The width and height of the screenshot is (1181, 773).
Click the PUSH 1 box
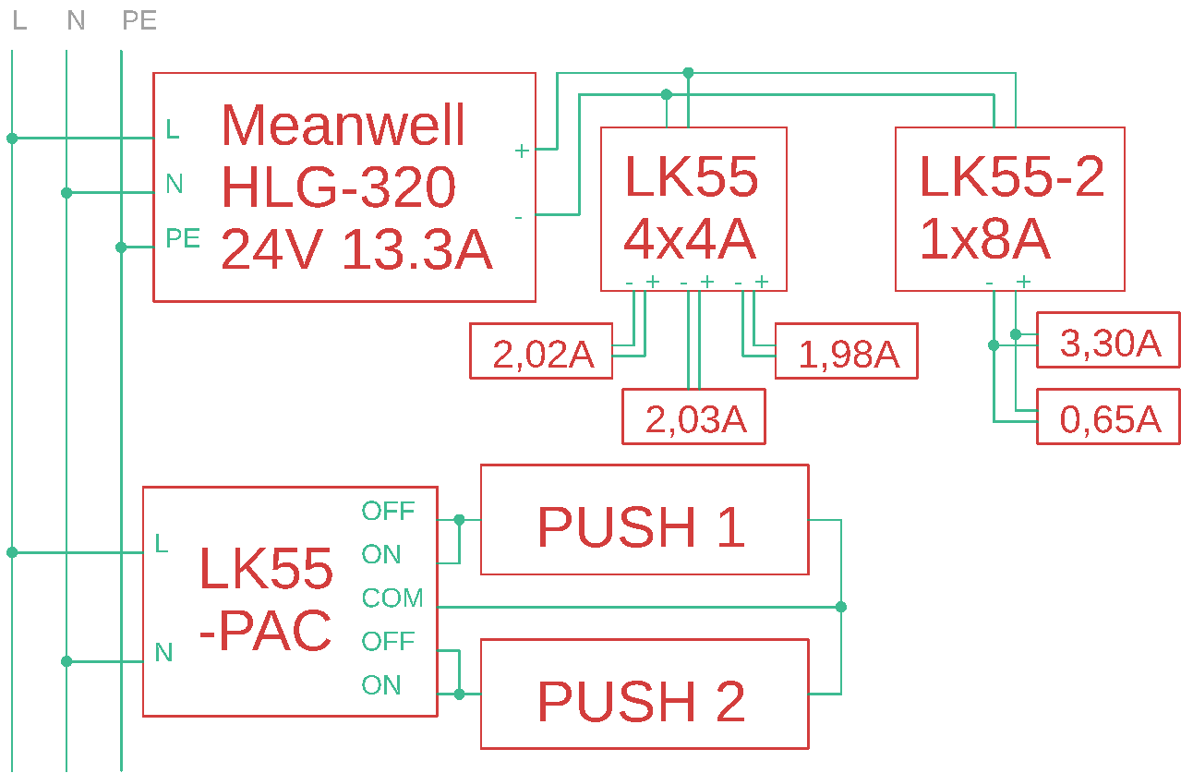644,519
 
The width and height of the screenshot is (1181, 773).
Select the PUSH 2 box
644,694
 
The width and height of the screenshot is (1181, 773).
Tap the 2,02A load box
541,351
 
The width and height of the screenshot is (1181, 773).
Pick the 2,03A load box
693,417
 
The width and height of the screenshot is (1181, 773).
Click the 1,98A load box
846,351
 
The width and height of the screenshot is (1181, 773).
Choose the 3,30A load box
1108,340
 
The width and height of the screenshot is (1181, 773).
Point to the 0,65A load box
1108,417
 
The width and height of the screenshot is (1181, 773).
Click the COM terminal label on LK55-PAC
392,598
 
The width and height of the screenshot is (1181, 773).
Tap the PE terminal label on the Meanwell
183,238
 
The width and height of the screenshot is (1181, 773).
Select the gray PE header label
139,20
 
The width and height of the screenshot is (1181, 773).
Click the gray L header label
19,20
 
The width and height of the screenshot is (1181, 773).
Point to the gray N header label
76,20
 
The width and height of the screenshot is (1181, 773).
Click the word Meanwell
343,125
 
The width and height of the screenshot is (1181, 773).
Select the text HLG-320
338,187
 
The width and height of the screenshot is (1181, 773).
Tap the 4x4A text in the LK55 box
690,239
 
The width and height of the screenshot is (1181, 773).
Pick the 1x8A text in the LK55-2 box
984,239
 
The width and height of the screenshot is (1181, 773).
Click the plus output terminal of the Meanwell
522,150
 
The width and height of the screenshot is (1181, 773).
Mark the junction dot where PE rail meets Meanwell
121,248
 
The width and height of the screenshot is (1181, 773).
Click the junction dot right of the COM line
840,607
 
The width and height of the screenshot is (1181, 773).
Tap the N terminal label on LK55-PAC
163,653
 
